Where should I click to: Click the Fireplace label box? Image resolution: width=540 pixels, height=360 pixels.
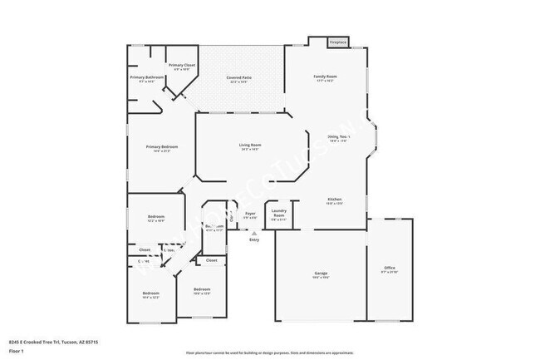point(338,41)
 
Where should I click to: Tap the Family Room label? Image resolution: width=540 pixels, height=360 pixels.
point(325,76)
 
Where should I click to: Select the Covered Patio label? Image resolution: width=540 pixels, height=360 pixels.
point(239,78)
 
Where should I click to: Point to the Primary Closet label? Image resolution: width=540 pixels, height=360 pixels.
point(182,65)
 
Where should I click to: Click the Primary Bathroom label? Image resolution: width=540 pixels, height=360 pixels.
point(146,77)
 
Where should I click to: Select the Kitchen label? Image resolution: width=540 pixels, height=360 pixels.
point(335,200)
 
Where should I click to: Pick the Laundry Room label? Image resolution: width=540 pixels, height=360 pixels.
point(279,214)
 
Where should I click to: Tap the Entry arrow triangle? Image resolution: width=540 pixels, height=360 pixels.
point(254,232)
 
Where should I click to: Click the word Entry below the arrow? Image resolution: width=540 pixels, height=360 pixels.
point(254,239)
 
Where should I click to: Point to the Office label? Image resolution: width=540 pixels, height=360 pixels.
point(389,268)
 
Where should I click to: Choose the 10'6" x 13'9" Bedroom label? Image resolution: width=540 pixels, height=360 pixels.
point(202,290)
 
